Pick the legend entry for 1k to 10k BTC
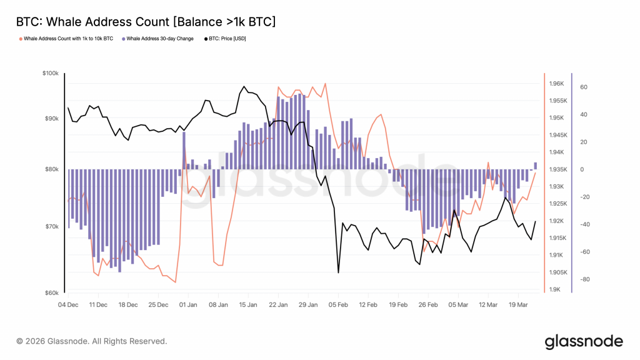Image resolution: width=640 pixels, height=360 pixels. click(x=68, y=39)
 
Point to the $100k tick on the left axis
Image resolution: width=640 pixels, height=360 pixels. click(x=50, y=73)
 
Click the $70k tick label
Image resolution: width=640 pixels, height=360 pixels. click(x=51, y=226)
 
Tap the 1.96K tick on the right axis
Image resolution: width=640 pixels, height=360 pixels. click(x=557, y=84)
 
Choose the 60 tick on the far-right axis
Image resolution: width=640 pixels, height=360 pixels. click(x=585, y=87)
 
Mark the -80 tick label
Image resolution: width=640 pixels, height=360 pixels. click(x=585, y=279)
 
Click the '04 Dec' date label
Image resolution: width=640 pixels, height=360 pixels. click(x=68, y=306)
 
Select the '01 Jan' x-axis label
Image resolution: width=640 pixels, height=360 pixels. click(x=188, y=306)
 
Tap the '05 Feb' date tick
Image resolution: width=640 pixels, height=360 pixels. click(x=338, y=306)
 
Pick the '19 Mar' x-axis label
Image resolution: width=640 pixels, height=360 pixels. click(x=518, y=306)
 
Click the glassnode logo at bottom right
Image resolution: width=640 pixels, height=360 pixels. click(x=584, y=341)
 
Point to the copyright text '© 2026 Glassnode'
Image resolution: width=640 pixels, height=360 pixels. click(x=92, y=341)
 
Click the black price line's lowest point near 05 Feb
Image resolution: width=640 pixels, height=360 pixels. click(x=338, y=272)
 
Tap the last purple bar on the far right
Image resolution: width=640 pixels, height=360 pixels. click(x=536, y=166)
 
